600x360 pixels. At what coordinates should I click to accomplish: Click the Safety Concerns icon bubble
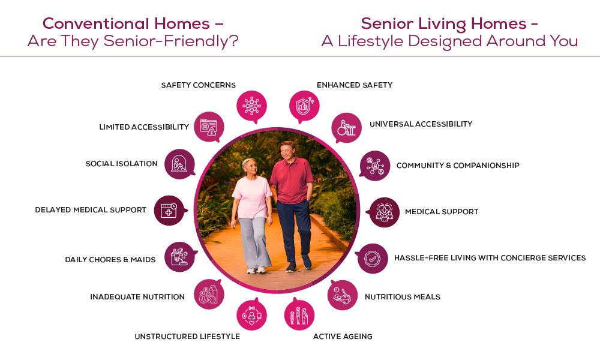pyautogui.click(x=251, y=106)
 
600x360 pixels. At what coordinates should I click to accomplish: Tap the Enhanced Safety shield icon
pyautogui.click(x=304, y=106)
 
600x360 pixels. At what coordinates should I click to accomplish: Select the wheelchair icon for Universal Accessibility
pyautogui.click(x=346, y=128)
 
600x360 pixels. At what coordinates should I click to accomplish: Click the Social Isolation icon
pyautogui.click(x=179, y=164)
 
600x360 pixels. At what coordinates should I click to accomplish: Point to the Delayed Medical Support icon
pyautogui.click(x=170, y=211)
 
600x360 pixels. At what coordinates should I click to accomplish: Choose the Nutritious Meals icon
pyautogui.click(x=343, y=295)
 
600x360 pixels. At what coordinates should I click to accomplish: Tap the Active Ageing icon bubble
pyautogui.click(x=299, y=315)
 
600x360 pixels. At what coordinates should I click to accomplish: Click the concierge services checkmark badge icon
pyautogui.click(x=373, y=259)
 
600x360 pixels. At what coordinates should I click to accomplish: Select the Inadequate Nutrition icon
pyautogui.click(x=209, y=294)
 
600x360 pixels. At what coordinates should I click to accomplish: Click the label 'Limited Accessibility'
pyautogui.click(x=144, y=127)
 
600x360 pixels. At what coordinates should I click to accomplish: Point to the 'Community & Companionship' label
pyautogui.click(x=458, y=165)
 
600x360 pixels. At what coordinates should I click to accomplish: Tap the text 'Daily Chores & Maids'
pyautogui.click(x=110, y=259)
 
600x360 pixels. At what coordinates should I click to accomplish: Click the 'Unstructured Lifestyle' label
pyautogui.click(x=187, y=336)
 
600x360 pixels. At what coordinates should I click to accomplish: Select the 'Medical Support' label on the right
pyautogui.click(x=442, y=212)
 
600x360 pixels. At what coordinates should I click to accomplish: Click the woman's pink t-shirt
pyautogui.click(x=252, y=197)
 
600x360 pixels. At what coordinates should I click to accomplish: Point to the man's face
pyautogui.click(x=286, y=151)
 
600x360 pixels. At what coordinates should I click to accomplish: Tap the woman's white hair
pyautogui.click(x=248, y=163)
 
